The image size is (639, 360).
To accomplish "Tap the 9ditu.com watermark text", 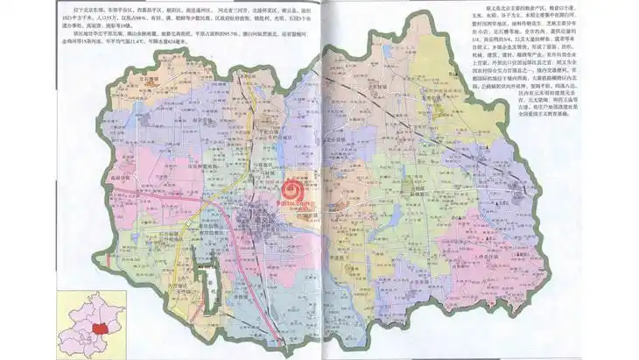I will (298, 203).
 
